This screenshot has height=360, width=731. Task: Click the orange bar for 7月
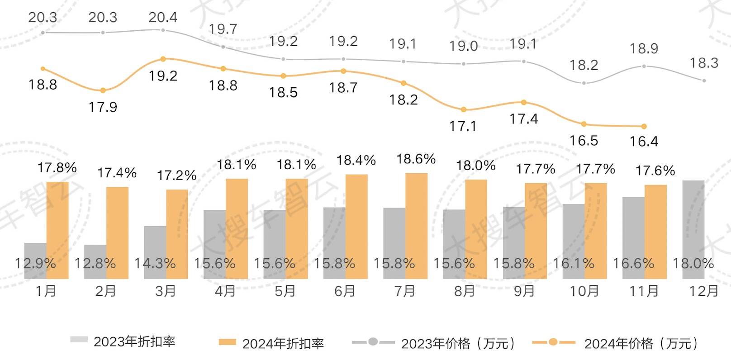[x=416, y=226]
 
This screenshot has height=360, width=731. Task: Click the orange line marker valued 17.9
[x=103, y=90]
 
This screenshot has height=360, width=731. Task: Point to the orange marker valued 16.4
[x=644, y=126]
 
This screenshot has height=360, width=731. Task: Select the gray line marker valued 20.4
[x=163, y=30]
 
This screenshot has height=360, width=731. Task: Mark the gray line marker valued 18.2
[x=584, y=83]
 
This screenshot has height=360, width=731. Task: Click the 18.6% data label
[x=416, y=159]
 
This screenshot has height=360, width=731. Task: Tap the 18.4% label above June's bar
[x=356, y=160]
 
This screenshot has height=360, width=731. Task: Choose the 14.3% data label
[x=155, y=263]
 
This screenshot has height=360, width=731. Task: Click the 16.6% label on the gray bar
[x=633, y=263]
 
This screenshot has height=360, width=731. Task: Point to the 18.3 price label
[x=704, y=63]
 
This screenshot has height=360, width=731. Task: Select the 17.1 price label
[x=463, y=126]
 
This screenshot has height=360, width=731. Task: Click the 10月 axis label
[x=584, y=291]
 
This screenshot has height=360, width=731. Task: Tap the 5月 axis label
[x=285, y=291]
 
